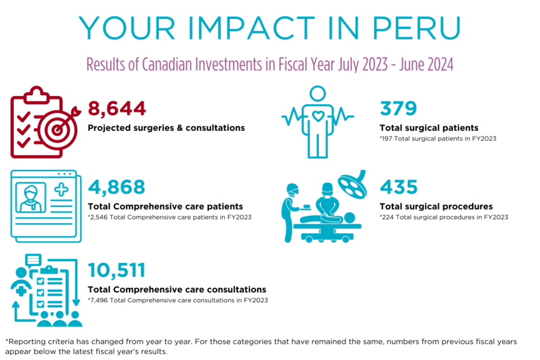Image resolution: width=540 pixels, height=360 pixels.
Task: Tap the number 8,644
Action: point(117,109)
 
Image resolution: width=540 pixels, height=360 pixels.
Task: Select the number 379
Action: point(398,109)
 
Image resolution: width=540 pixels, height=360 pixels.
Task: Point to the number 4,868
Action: point(117,187)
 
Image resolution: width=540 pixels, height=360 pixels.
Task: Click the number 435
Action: point(398,187)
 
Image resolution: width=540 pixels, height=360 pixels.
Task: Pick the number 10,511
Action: point(117,270)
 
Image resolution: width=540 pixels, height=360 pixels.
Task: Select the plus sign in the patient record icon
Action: point(61,190)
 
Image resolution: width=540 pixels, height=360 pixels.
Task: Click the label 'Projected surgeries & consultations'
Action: point(166,128)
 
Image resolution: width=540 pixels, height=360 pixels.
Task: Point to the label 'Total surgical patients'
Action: point(429,128)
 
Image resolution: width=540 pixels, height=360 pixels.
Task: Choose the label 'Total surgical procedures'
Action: point(436,206)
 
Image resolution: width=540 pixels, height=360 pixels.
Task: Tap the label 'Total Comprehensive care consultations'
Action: point(177,290)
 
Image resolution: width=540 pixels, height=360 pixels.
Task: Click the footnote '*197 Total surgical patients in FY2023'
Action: point(437,138)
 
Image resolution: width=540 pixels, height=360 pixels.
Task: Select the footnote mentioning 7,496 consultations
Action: point(178,300)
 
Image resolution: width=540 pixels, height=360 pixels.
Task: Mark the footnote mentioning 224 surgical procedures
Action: point(443,217)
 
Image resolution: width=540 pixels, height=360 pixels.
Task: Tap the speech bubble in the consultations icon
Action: point(34,260)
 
